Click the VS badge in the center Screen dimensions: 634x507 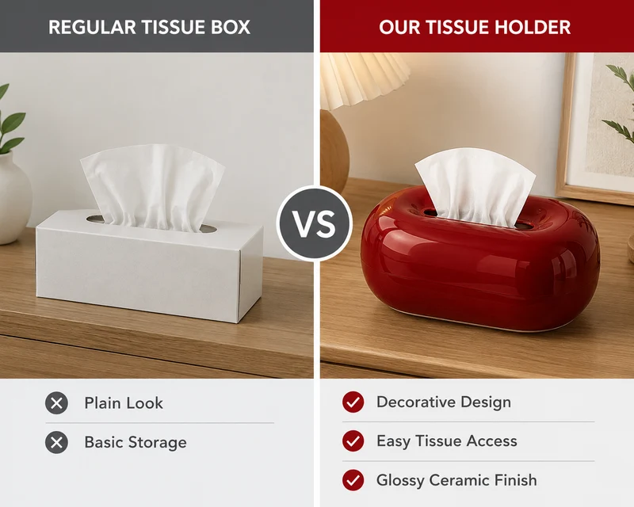point(315,223)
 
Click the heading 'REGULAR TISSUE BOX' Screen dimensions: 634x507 point(149,27)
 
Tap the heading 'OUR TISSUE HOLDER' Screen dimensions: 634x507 point(475,27)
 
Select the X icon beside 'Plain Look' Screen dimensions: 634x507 point(56,403)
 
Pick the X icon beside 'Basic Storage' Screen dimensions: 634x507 point(56,442)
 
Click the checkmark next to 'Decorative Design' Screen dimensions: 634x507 point(353,402)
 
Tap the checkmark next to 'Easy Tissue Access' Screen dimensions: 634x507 point(353,440)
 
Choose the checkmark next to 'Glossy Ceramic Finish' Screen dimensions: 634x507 point(353,480)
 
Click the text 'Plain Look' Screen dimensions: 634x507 point(124,403)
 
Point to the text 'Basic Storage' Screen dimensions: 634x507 point(136,442)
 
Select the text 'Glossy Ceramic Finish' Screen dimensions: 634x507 point(456,480)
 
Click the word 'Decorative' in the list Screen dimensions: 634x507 point(415,402)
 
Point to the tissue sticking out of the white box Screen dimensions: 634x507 point(152,187)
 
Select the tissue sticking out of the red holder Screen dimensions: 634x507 point(475,185)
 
